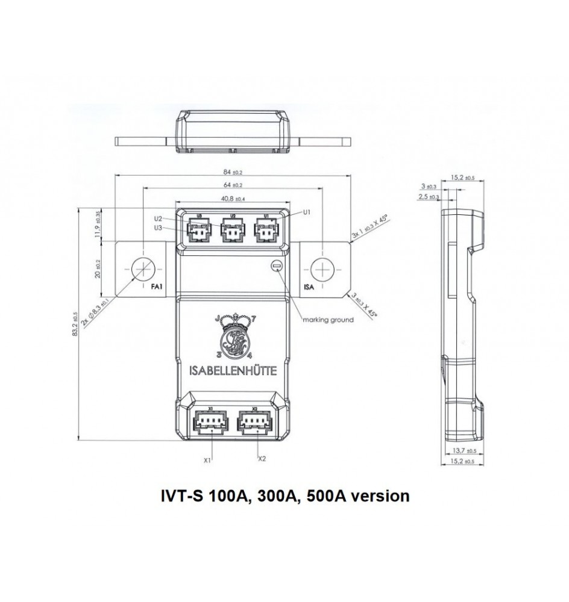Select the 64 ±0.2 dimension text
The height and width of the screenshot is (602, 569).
tap(233, 185)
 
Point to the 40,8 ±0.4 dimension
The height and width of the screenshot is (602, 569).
tap(233, 199)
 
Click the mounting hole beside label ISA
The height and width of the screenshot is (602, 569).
tap(324, 268)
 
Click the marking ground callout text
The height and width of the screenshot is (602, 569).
tap(328, 320)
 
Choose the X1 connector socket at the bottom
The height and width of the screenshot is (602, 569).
tap(210, 421)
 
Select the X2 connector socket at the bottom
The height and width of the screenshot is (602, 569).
tap(255, 421)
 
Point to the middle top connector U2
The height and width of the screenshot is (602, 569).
tap(232, 229)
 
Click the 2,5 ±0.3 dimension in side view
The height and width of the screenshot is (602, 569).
tap(429, 197)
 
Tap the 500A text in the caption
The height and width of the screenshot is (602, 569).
tap(328, 497)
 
